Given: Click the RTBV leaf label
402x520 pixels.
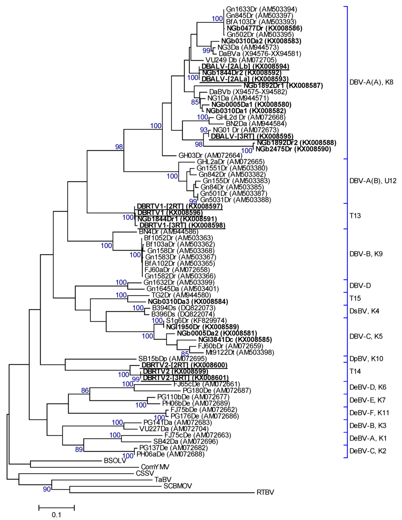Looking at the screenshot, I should pyautogui.click(x=265, y=493).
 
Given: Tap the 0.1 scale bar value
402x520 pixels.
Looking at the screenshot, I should pyautogui.click(x=57, y=515).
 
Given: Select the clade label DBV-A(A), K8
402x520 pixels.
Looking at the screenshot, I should pyautogui.click(x=371, y=82).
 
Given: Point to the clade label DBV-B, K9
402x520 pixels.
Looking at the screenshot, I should pyautogui.click(x=366, y=254).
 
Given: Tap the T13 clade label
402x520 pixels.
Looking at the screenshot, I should pyautogui.click(x=355, y=216).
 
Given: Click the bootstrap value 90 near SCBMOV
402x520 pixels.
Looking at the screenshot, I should pyautogui.click(x=47, y=489).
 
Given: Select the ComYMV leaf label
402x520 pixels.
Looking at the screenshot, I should pyautogui.click(x=155, y=467).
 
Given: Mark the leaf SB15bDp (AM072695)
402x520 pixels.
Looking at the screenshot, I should pyautogui.click(x=172, y=358).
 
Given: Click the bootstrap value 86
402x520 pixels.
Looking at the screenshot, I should pyautogui.click(x=85, y=390).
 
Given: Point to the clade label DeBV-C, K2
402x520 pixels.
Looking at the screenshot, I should pyautogui.click(x=368, y=451).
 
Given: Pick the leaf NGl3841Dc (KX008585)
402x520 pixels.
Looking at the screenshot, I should pyautogui.click(x=235, y=340).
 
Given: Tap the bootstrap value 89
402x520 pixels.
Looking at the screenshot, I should pyautogui.click(x=79, y=449).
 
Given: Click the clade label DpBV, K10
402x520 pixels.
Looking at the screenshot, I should pyautogui.click(x=366, y=358).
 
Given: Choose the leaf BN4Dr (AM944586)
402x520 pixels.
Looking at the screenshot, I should pyautogui.click(x=168, y=232).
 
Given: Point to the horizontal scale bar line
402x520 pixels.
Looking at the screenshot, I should pyautogui.click(x=57, y=508).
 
